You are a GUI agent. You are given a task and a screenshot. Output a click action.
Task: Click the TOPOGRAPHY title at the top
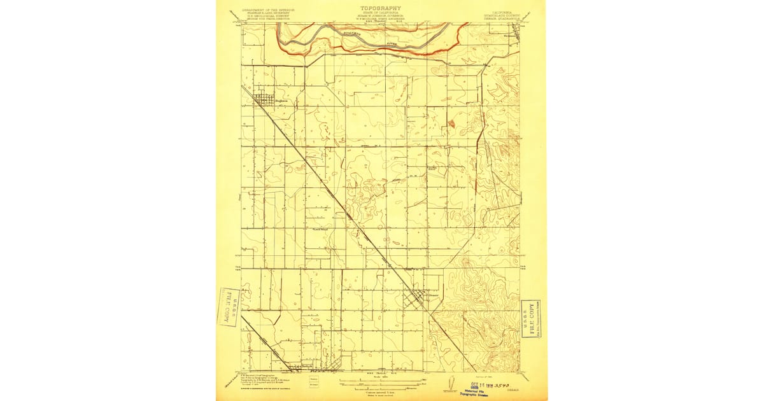pos(381,8)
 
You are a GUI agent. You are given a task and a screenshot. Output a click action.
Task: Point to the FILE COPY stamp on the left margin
pos(228,307)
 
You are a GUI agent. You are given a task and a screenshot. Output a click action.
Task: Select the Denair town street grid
pos(418,298)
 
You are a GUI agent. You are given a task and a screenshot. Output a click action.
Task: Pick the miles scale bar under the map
pos(380,381)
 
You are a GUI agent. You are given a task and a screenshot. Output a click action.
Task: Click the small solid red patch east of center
pos(451,123)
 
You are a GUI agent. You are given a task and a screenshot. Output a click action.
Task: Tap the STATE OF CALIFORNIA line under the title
pos(381,13)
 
